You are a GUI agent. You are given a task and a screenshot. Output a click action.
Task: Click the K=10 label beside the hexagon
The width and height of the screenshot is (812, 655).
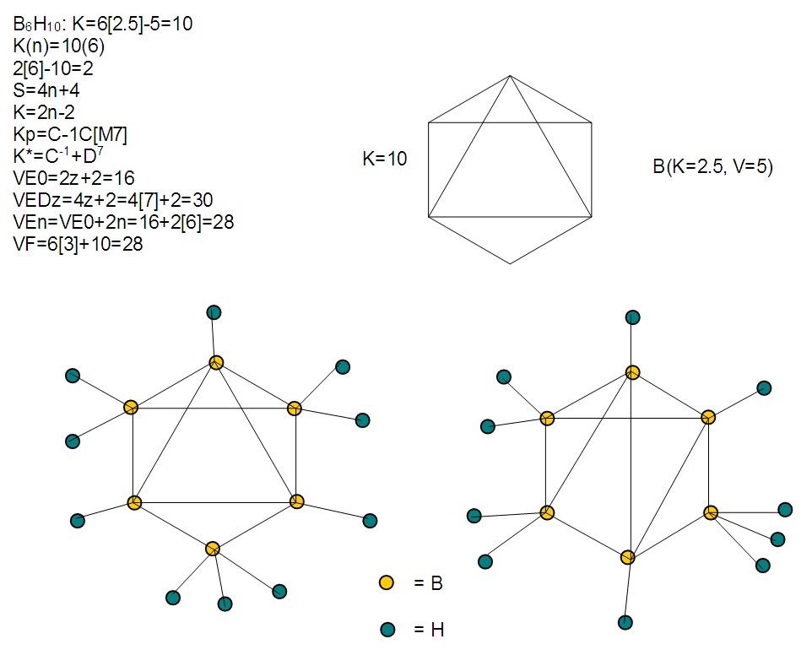[385, 159]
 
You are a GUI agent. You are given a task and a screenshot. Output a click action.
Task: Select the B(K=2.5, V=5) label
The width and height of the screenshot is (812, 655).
[712, 167]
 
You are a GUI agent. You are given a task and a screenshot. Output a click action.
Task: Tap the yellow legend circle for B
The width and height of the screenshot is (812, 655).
[387, 582]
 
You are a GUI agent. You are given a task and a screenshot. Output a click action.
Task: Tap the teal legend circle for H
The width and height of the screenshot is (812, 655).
[387, 629]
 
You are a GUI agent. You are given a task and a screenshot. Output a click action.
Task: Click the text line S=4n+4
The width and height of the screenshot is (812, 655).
[46, 90]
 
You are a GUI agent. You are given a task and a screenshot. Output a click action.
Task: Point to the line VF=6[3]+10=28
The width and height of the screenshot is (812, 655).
[78, 244]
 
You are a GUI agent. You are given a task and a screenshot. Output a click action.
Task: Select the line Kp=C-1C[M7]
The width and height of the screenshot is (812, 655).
[70, 134]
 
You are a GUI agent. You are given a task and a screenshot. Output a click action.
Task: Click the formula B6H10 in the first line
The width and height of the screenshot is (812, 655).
[37, 24]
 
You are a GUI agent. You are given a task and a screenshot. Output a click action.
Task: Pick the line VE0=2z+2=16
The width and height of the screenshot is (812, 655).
[73, 178]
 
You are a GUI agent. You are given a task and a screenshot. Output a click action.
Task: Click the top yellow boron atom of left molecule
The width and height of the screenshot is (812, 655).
[216, 362]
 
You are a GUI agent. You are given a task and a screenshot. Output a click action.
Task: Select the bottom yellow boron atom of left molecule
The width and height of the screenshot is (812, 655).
[213, 549]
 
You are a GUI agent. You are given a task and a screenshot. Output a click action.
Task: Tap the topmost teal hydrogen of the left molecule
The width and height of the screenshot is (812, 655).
[214, 312]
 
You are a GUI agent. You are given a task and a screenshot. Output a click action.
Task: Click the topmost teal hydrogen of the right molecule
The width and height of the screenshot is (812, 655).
[632, 317]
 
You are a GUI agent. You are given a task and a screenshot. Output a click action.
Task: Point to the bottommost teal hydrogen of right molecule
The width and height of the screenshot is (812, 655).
[625, 622]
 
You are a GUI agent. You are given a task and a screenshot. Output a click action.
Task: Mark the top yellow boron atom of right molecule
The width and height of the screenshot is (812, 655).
[632, 372]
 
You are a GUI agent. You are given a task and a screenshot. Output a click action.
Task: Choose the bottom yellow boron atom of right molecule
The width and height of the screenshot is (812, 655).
[628, 557]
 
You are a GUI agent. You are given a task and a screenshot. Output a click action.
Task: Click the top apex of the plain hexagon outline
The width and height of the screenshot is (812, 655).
[510, 76]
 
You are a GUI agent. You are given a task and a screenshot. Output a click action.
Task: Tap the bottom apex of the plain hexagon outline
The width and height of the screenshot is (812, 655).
[510, 263]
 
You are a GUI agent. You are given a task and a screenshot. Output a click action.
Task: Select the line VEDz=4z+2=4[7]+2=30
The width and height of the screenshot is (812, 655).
[113, 200]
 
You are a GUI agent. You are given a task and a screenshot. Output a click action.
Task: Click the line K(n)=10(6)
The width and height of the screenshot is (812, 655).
[58, 46]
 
